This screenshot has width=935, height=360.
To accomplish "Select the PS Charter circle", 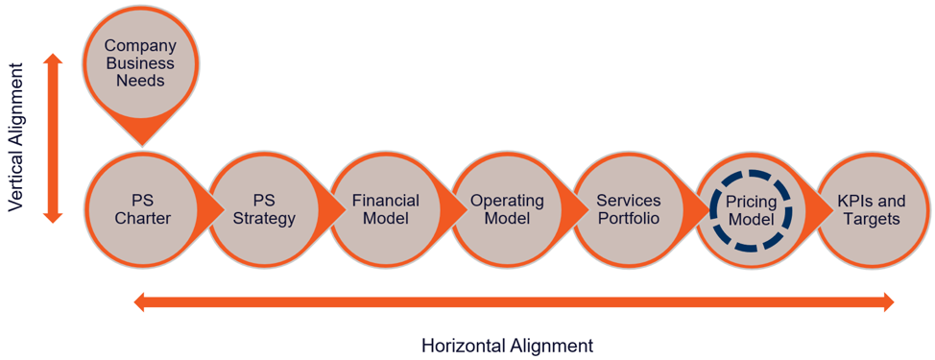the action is click(x=142, y=209).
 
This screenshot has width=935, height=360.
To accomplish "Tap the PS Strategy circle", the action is click(x=264, y=209).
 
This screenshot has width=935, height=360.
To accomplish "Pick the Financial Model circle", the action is click(x=385, y=209).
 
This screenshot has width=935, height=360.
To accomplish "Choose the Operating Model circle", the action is click(x=507, y=209).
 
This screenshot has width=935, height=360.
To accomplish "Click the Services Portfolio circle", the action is click(x=629, y=209).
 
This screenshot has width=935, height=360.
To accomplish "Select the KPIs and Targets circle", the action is click(x=872, y=209).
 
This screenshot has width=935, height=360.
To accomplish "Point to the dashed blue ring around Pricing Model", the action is click(x=751, y=174).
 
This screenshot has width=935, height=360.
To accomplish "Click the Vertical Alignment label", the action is click(x=15, y=137).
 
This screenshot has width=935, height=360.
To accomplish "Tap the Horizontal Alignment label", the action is click(x=507, y=345).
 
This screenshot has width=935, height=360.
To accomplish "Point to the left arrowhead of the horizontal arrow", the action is click(x=140, y=302).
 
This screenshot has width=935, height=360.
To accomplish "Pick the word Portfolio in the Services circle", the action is click(x=629, y=218).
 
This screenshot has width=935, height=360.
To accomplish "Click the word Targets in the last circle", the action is click(x=872, y=218).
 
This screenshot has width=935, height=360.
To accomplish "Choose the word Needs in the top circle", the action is click(x=140, y=81).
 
